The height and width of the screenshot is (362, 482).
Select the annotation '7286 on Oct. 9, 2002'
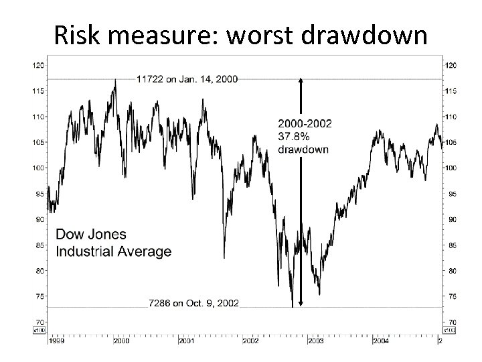click(x=193, y=303)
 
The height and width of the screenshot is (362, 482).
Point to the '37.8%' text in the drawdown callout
click(x=292, y=137)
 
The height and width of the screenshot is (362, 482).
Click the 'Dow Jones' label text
click(x=90, y=235)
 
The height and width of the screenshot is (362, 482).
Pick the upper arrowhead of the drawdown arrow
click(x=301, y=80)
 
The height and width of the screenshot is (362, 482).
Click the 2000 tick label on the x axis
click(x=121, y=341)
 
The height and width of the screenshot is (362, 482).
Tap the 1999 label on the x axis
click(x=56, y=341)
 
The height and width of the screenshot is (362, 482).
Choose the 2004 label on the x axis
click(x=381, y=341)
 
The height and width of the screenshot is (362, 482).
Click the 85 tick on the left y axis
click(x=39, y=245)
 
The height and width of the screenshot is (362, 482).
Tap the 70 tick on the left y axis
click(x=39, y=322)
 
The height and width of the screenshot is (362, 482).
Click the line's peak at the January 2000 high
click(x=115, y=80)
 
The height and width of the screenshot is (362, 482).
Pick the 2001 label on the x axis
click(x=186, y=341)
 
